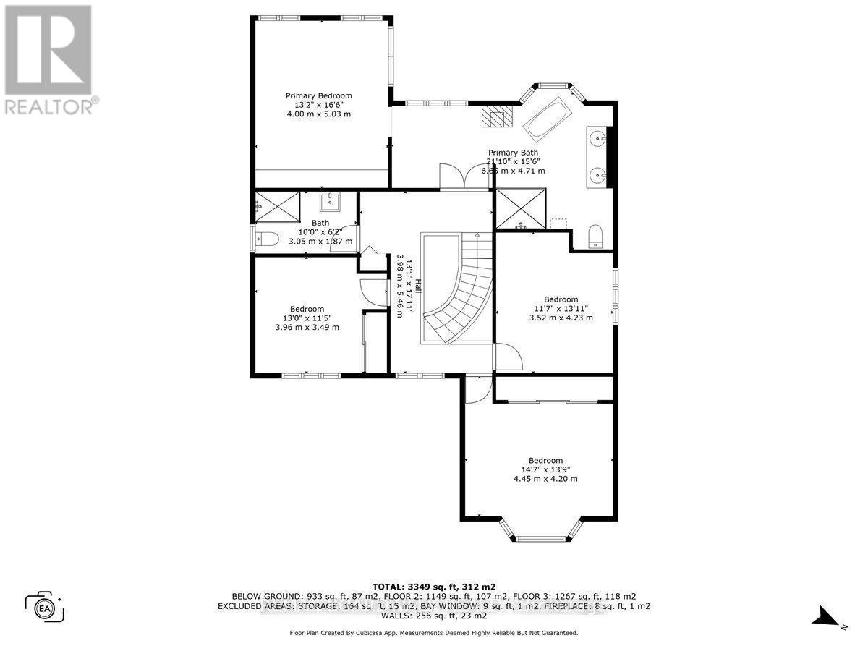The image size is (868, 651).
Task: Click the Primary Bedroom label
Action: click(x=318, y=95)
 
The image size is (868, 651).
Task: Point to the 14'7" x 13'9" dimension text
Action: click(x=545, y=469)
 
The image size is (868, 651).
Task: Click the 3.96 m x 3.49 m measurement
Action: click(x=307, y=327)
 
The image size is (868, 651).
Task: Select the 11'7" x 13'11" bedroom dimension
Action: click(x=561, y=309)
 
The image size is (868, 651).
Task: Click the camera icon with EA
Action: click(x=45, y=606)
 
